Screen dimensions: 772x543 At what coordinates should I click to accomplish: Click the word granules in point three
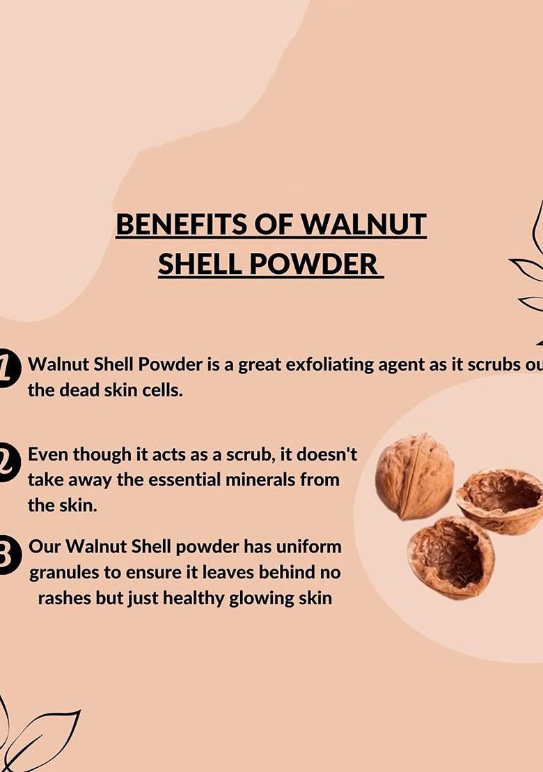(x=63, y=572)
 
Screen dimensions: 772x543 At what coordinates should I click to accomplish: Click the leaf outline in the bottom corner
(x=42, y=735)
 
